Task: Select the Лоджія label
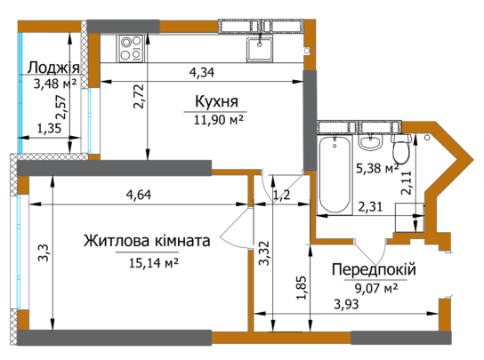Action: (53, 68)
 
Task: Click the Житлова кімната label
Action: (147, 241)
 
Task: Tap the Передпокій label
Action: (374, 269)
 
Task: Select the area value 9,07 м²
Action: (374, 286)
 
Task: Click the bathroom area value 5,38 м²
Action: (375, 165)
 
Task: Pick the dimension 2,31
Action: (371, 206)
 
